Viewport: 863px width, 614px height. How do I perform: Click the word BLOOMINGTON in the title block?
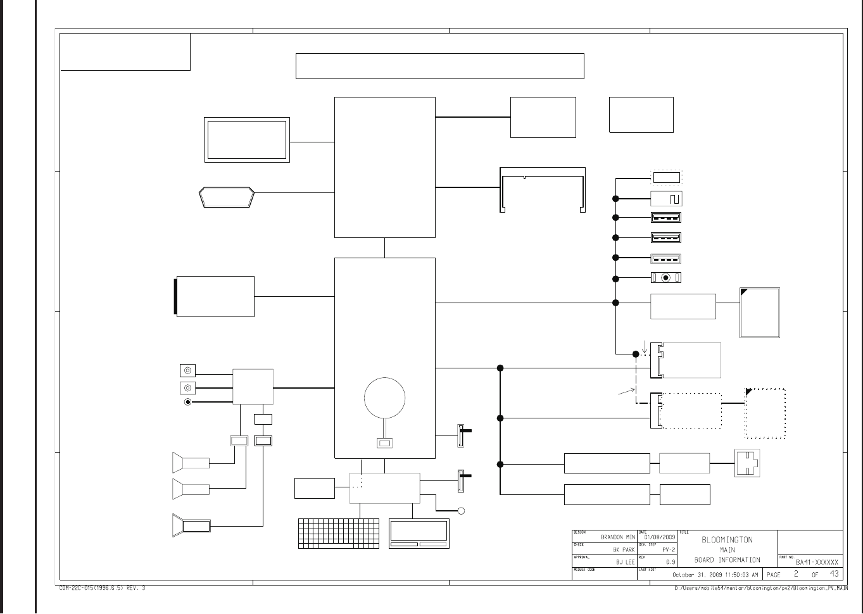(x=727, y=540)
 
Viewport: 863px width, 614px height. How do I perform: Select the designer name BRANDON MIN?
(x=617, y=537)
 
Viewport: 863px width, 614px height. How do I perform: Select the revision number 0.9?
(x=671, y=562)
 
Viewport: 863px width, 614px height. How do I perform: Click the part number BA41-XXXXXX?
(x=817, y=562)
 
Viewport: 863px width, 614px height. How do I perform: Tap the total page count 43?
(x=834, y=574)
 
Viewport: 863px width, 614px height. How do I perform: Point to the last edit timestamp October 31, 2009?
(x=715, y=575)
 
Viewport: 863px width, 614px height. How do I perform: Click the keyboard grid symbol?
(x=339, y=534)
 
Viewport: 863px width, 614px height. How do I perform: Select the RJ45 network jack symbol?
(x=747, y=463)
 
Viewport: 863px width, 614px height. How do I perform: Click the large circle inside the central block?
(x=385, y=398)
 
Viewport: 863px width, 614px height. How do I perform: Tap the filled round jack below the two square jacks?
(x=187, y=402)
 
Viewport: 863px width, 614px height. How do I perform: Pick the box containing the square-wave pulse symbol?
(x=666, y=199)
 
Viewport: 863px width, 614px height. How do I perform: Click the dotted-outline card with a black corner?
(x=765, y=413)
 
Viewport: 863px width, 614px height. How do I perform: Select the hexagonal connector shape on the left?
(x=227, y=197)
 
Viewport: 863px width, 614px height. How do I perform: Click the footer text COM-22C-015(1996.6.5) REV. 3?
(x=102, y=588)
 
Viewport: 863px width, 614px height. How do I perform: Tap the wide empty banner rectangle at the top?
(x=439, y=66)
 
